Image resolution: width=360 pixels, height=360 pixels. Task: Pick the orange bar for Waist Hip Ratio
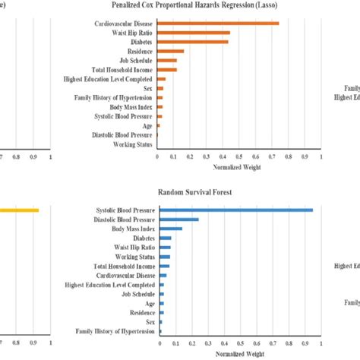[x=194, y=33]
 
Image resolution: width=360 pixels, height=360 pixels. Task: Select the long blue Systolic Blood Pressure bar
[x=235, y=210]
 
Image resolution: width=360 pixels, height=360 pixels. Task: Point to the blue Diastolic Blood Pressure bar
[x=178, y=219]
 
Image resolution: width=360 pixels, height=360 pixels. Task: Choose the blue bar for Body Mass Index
[x=170, y=229]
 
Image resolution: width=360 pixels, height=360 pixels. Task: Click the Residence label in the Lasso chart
[x=137, y=52]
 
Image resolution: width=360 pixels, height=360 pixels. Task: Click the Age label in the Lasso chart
[x=147, y=125]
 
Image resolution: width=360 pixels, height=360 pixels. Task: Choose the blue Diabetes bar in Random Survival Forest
[x=164, y=238]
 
